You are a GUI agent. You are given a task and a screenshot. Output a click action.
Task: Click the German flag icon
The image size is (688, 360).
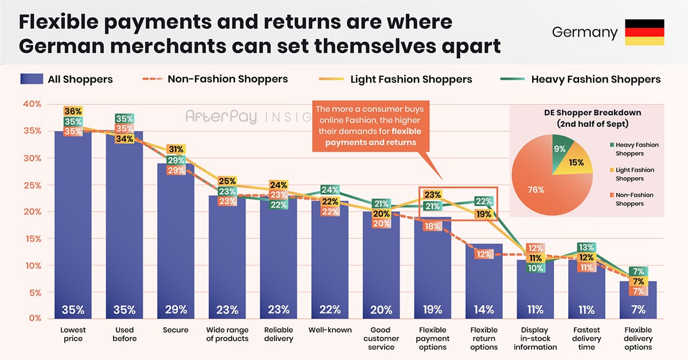pos(644,32)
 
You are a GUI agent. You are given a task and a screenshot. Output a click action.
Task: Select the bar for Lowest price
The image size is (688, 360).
pos(73,229)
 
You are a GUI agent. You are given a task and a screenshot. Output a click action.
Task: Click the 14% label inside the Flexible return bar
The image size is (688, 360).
pos(484,310)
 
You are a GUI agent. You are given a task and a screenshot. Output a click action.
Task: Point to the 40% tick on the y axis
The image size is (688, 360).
pos(32,104)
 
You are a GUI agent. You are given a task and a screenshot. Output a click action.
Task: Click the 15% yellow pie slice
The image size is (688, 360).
pos(575,163)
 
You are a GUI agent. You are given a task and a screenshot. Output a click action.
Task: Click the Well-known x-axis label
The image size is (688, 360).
pos(330,330)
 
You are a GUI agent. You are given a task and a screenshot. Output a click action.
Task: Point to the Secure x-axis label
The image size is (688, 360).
pos(175,330)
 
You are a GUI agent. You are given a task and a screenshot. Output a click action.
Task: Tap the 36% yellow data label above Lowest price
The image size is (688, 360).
pos(73,111)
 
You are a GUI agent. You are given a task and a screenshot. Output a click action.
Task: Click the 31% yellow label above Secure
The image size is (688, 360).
pos(175,149)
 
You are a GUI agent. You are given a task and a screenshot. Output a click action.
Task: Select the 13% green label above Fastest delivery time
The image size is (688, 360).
pos(587,248)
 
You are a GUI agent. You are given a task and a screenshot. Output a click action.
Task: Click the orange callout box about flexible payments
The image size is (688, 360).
pos(370,126)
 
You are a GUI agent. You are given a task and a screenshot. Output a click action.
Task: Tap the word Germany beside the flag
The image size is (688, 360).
pos(585,32)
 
